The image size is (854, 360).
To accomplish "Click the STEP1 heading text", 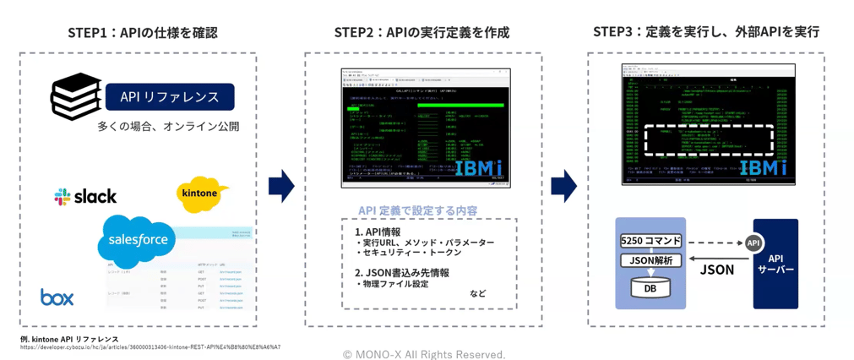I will point(142,33).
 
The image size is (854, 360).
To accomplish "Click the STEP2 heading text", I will point(422,33).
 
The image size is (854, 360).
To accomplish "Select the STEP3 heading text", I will point(705,32).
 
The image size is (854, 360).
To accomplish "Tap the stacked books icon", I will point(75,97).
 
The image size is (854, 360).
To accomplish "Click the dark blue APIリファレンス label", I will point(170,97).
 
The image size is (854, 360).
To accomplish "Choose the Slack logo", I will point(86,197).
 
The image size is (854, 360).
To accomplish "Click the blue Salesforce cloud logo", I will point(137,240).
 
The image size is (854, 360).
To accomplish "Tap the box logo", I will point(57,297).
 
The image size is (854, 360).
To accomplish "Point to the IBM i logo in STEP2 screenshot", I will point(480,167).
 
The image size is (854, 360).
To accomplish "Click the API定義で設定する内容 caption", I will point(417,210).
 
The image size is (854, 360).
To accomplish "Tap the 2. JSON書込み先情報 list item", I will point(401,273).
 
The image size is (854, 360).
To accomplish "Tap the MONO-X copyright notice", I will point(425,353).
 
